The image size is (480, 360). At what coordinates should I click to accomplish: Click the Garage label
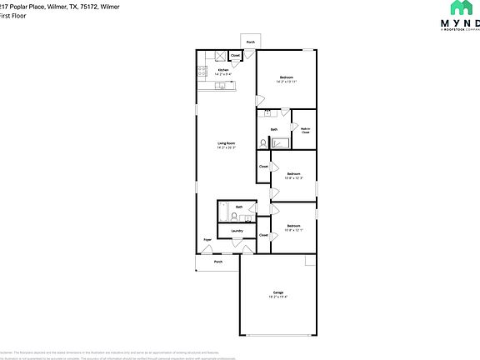coord(277,292)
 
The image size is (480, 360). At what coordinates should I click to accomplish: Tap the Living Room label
coord(226,144)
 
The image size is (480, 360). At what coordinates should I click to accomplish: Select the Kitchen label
coord(212,70)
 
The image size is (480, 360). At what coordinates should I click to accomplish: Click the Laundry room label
coord(237,231)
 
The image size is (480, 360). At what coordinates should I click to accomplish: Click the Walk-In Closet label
coord(305,129)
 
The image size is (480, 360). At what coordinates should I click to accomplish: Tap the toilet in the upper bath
coord(263,142)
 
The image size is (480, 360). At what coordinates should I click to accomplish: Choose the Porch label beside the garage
coord(217,262)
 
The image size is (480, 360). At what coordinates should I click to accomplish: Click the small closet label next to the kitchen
coord(236,56)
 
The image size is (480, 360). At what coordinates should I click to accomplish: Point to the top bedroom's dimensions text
coord(287,82)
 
